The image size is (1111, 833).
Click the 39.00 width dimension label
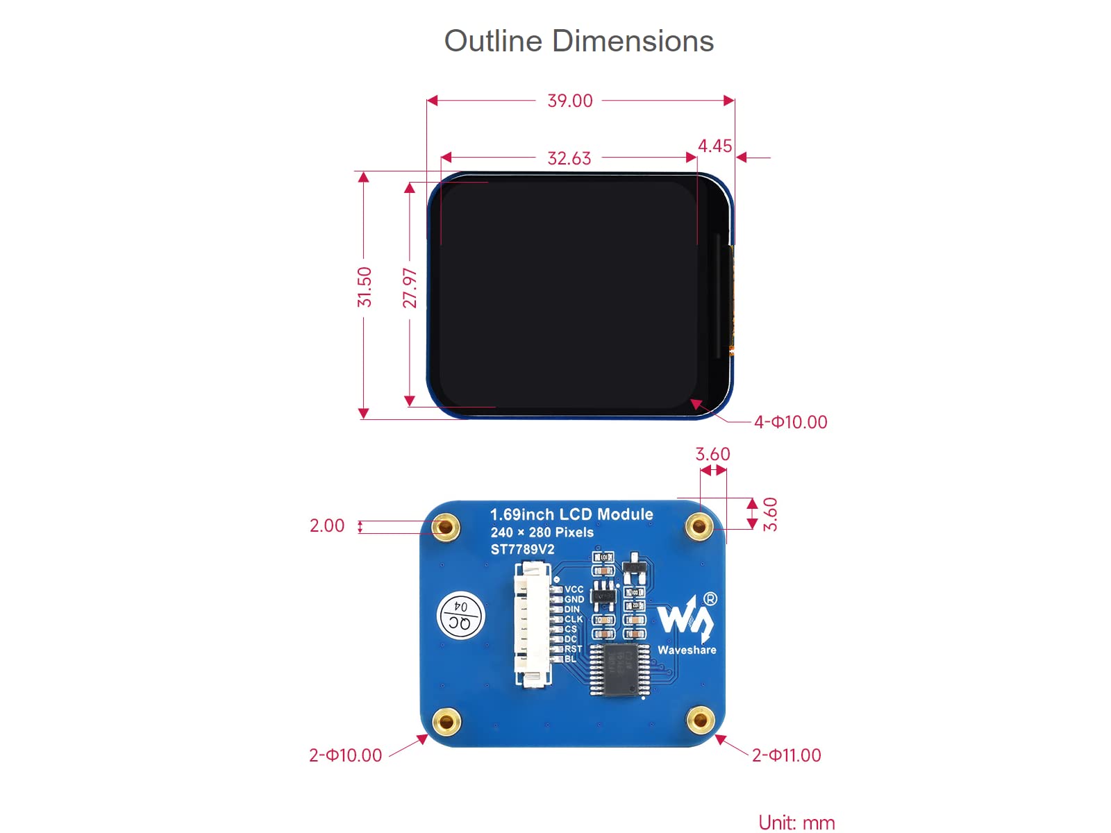tap(570, 101)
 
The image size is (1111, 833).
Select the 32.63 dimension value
tap(569, 159)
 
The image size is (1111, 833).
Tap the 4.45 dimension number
tap(715, 146)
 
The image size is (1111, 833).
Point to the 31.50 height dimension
tap(365, 287)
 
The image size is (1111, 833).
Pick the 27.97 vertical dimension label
tap(410, 288)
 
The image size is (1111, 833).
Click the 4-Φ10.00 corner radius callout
tap(790, 422)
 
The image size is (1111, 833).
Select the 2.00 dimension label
tap(327, 525)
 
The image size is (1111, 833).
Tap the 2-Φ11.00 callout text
tap(786, 755)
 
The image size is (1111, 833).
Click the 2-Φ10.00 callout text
tap(345, 755)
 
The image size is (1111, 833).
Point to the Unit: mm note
tap(796, 823)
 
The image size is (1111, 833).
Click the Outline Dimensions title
tap(578, 41)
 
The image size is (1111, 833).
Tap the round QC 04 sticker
tap(461, 616)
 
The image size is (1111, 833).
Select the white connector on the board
tap(531, 625)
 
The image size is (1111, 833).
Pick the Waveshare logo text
tap(687, 650)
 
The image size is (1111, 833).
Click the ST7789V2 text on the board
tap(522, 550)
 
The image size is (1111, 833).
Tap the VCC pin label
tap(574, 589)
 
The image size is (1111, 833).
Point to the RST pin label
tap(573, 649)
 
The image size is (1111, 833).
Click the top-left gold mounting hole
tap(446, 528)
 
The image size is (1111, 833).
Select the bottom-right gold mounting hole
tap(700, 720)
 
